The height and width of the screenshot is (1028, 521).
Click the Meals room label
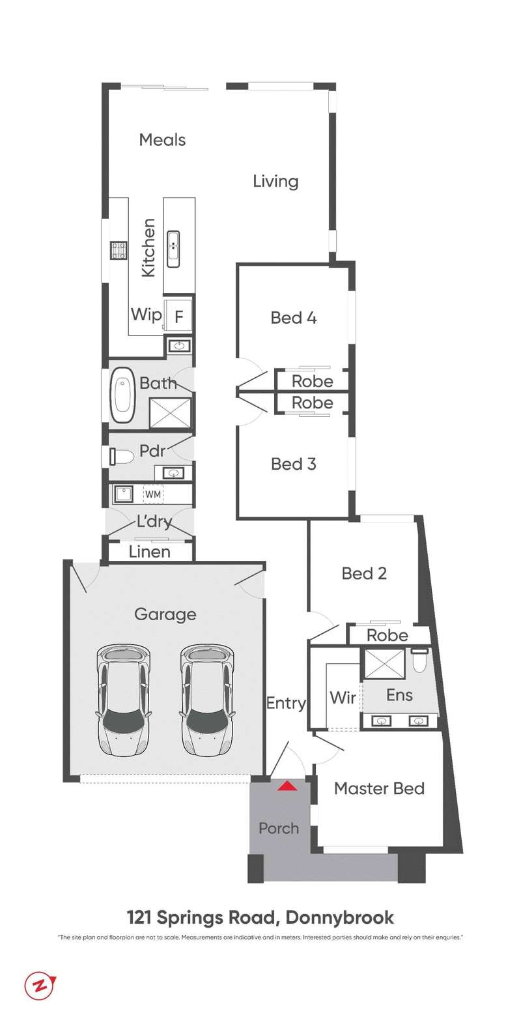point(162,140)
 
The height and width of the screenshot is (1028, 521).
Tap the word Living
point(275,182)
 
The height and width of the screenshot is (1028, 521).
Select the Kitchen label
point(149,248)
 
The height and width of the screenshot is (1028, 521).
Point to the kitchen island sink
point(173,248)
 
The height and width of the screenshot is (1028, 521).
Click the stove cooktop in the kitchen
point(119,250)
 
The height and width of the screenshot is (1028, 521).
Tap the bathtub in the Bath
point(122,394)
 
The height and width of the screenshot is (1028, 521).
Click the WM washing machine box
point(152,494)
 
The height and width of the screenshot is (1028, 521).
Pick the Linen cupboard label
point(150,552)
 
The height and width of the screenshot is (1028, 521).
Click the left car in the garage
point(122,700)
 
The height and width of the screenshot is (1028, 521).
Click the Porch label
point(279,828)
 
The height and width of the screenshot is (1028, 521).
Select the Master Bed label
point(379,789)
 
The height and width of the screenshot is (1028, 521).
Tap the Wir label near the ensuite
point(343,698)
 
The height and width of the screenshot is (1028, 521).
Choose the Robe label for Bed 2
point(387,635)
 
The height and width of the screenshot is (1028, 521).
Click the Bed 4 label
point(294,318)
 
